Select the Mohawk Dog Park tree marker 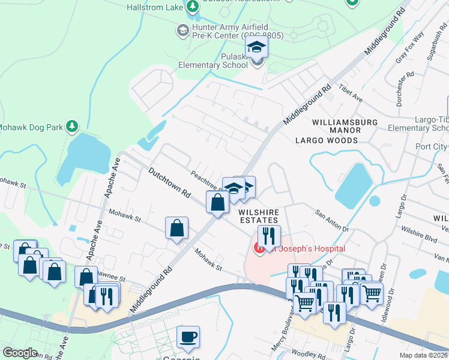point(72,126)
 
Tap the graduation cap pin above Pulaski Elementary point(256,48)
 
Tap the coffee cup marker point(188,337)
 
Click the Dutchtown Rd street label point(169,183)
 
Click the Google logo point(20,353)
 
